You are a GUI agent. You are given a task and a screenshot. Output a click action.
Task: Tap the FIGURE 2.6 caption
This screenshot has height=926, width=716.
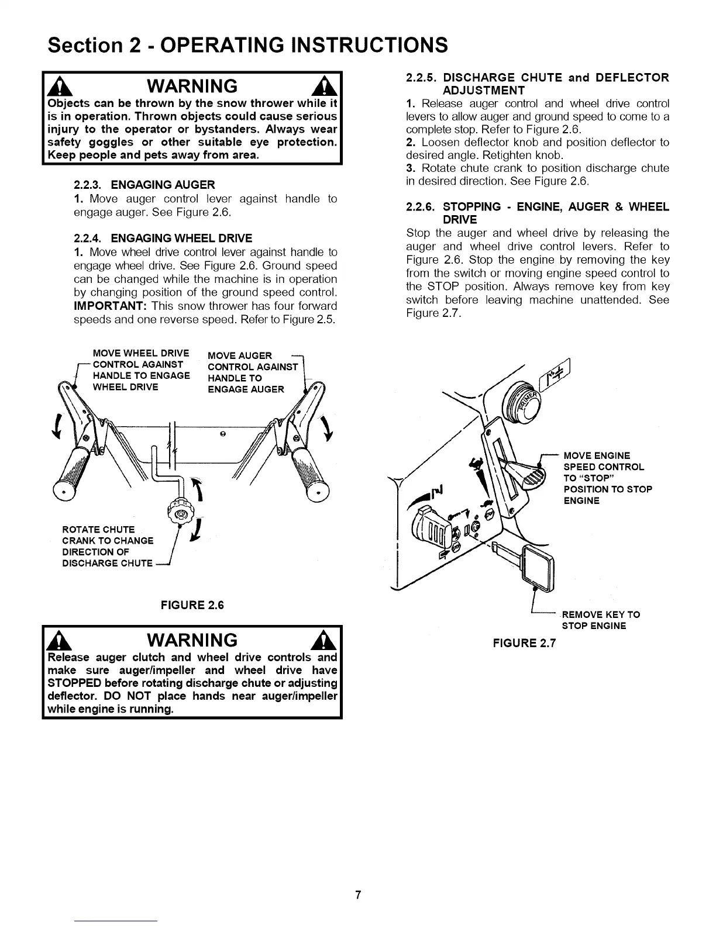[192, 605]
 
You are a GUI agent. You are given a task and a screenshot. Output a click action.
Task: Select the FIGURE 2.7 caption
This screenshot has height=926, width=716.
[524, 644]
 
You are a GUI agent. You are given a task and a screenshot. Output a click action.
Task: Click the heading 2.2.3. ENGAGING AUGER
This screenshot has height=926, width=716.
[144, 185]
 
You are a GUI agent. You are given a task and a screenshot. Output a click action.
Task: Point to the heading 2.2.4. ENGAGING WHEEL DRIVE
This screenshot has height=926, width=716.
[163, 238]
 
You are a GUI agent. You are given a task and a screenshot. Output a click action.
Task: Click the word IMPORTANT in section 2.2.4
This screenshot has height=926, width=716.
[109, 306]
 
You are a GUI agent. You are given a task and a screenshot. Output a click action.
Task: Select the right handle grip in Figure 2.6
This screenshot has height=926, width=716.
[311, 472]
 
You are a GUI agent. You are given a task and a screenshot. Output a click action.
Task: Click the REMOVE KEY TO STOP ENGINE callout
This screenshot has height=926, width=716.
[600, 620]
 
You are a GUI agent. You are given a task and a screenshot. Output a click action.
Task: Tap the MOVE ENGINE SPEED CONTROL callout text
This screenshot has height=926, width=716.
[607, 478]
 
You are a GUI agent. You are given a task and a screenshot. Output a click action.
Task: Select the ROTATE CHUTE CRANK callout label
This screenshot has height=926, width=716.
[108, 546]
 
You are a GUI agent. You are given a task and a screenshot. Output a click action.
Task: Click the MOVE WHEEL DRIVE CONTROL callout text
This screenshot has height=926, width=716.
[141, 370]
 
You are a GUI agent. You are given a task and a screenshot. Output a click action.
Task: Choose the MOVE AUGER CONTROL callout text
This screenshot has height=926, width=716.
[253, 372]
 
